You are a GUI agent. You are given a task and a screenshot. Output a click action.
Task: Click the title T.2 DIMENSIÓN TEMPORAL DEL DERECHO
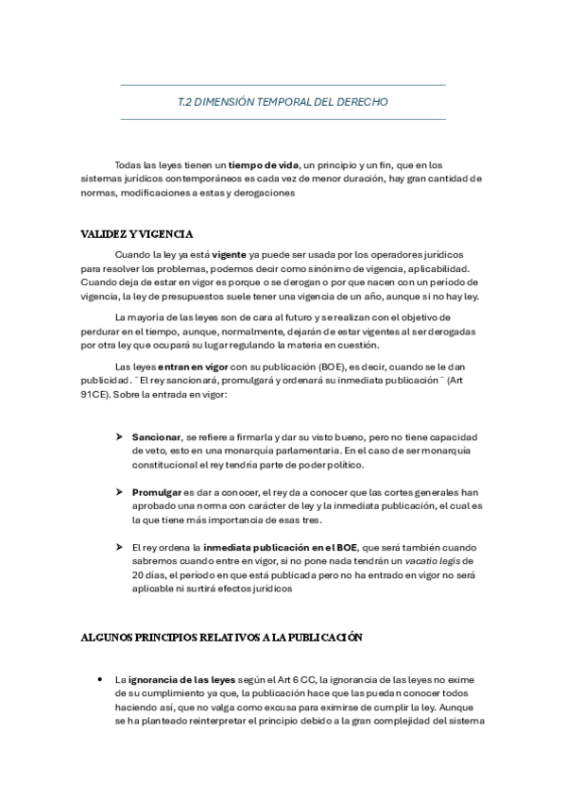(x=283, y=101)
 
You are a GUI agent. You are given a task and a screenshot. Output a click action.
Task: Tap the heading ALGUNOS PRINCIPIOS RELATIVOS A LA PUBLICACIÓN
(x=221, y=638)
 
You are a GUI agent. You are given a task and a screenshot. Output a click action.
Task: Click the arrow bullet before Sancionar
(x=120, y=437)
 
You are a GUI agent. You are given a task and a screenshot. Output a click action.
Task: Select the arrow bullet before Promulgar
(x=120, y=492)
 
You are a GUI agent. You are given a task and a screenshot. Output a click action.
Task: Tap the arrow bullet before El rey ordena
(x=120, y=547)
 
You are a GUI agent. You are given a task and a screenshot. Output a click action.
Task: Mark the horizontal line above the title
(x=283, y=85)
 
